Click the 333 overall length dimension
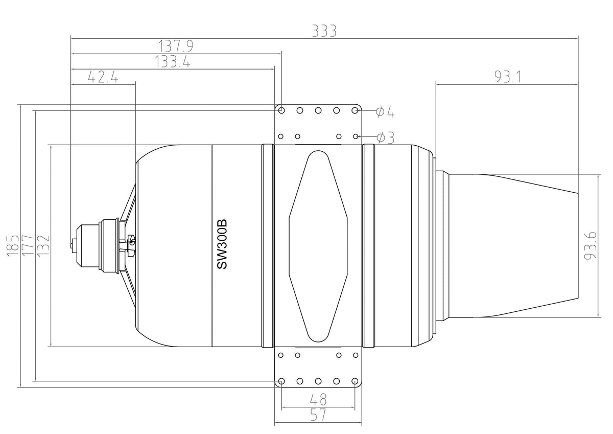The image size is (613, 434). coord(324,31)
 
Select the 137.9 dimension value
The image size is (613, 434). coord(176,47)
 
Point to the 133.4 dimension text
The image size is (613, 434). coord(173,62)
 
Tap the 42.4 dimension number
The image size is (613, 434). coord(103,77)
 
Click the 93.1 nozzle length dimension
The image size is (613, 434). coord(508,77)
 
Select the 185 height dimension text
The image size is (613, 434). coord(12,245)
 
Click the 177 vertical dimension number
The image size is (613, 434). coord(28,245)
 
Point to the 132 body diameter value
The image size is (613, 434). coord(43,245)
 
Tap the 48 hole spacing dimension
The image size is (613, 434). coord(318,400)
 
